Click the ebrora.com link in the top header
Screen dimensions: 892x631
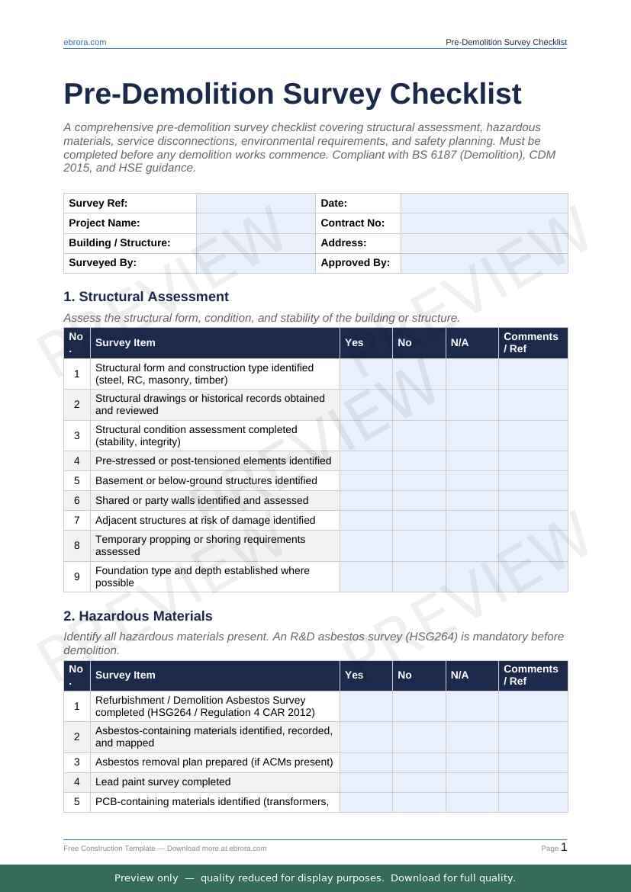[x=85, y=42]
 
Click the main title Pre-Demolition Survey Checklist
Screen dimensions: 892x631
[x=292, y=95]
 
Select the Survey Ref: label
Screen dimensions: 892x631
[x=98, y=204]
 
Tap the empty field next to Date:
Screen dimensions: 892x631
[x=484, y=204]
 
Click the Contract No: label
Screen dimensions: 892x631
[x=353, y=223]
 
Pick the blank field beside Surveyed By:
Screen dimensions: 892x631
[x=256, y=263]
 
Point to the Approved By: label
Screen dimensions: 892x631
[x=355, y=263]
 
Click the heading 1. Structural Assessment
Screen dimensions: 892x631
[x=146, y=297]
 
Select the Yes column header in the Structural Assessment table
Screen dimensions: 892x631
[x=354, y=343]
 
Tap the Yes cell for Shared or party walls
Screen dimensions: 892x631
[x=366, y=501]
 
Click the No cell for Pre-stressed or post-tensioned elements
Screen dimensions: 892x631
[x=419, y=461]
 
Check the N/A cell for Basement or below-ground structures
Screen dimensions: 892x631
[x=472, y=481]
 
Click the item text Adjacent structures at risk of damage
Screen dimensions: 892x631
[x=205, y=521]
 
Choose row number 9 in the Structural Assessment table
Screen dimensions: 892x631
[x=77, y=577]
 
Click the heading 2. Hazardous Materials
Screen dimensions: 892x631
[x=138, y=616]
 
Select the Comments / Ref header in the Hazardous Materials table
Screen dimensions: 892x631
[x=531, y=675]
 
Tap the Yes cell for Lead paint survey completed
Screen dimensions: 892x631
[x=366, y=782]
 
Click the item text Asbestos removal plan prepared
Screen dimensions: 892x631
[x=214, y=762]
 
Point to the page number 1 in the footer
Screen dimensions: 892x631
[x=564, y=847]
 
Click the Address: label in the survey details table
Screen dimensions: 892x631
[x=343, y=243]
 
